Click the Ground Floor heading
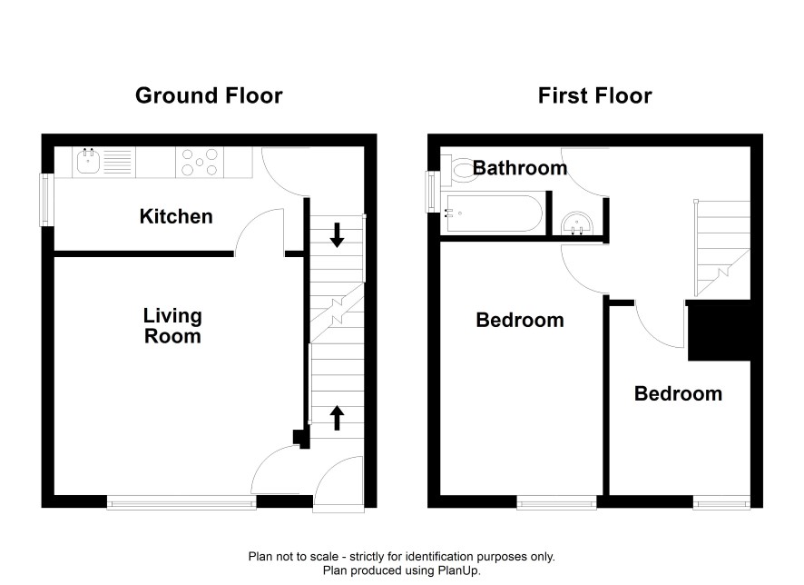[209, 96]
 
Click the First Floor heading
[594, 96]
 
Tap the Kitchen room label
[176, 216]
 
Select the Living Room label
[172, 326]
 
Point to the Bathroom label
[520, 168]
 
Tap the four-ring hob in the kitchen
[200, 163]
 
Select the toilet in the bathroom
[461, 169]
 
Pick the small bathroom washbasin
[577, 223]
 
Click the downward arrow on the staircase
[337, 235]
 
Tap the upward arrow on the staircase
[337, 418]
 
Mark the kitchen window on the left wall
[47, 200]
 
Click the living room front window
[181, 502]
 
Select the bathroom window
[433, 192]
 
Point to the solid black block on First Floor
[720, 331]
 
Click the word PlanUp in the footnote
[457, 570]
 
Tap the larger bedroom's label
[520, 321]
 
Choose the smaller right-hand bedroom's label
[679, 393]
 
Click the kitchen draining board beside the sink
[117, 163]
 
